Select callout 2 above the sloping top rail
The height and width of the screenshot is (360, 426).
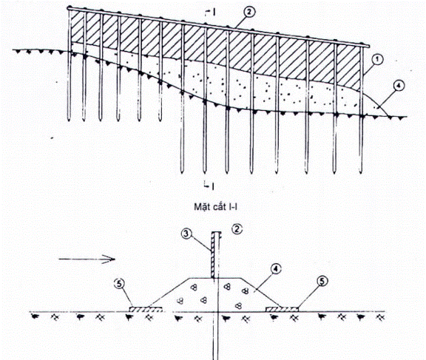click(249, 13)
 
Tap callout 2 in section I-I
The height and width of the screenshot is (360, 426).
click(237, 229)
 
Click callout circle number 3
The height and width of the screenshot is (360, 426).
click(186, 234)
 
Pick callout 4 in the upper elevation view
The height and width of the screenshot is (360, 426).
click(399, 86)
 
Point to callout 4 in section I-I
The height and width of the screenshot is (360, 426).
click(276, 270)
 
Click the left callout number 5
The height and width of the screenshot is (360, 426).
click(120, 285)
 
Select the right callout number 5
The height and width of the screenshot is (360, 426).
click(322, 282)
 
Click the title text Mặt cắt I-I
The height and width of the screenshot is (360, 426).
click(215, 207)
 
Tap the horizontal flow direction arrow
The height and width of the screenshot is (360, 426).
click(87, 259)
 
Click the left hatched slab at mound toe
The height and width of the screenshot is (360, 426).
click(146, 309)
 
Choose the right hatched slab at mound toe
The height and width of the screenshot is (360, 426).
click(282, 309)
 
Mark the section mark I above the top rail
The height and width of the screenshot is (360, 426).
click(212, 13)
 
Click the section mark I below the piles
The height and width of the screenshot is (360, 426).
click(210, 186)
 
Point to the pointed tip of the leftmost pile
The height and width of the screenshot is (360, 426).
click(69, 120)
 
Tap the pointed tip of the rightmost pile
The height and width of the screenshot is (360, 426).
click(361, 173)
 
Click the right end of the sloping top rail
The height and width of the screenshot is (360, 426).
click(368, 46)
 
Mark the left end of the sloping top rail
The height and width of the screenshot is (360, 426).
click(69, 9)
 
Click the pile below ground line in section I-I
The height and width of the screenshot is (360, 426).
click(215, 336)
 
